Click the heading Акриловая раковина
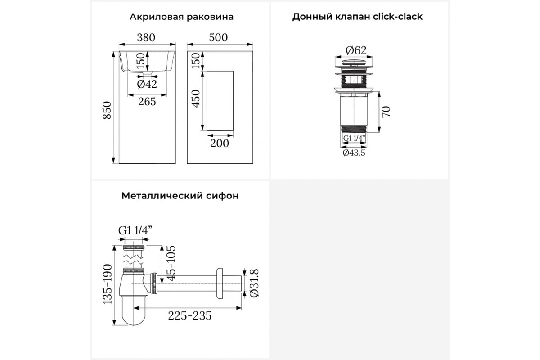click(x=181, y=17)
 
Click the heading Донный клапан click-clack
click(x=357, y=17)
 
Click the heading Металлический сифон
click(x=180, y=196)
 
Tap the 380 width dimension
click(x=146, y=38)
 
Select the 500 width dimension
click(x=218, y=38)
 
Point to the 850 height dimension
click(x=107, y=110)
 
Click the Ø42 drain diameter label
click(x=147, y=84)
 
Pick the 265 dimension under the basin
click(x=147, y=102)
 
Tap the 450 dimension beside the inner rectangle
click(x=196, y=99)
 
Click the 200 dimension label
click(x=220, y=144)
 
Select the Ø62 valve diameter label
click(x=356, y=50)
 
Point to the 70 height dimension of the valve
click(x=386, y=112)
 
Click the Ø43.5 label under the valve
click(x=354, y=153)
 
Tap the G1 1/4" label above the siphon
click(x=135, y=230)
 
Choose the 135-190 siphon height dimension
click(x=108, y=284)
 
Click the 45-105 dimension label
click(x=171, y=263)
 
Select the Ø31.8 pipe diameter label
click(x=254, y=283)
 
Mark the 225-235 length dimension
click(x=190, y=315)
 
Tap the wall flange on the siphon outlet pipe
click(x=220, y=283)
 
